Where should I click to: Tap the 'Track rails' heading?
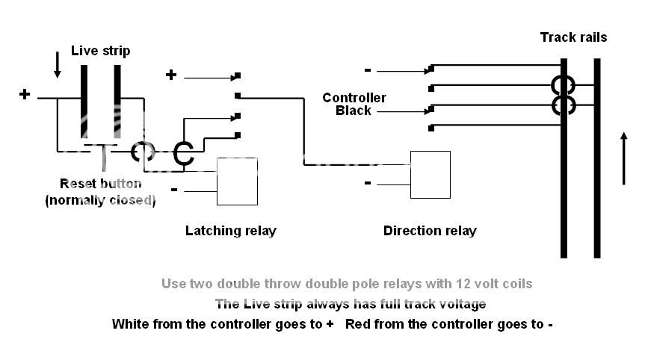click(x=573, y=37)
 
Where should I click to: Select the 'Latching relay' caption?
click(x=230, y=231)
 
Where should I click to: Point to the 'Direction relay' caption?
click(x=430, y=231)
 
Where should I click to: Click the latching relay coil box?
click(x=237, y=181)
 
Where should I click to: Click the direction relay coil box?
click(x=430, y=175)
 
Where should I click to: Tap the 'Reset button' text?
click(x=100, y=184)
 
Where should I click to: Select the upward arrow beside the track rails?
click(x=623, y=158)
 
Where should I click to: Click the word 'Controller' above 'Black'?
click(x=354, y=98)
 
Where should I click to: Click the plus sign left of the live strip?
click(x=25, y=94)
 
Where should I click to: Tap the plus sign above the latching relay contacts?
click(x=171, y=75)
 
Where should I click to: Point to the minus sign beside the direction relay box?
click(x=367, y=182)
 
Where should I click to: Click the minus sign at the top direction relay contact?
click(x=367, y=70)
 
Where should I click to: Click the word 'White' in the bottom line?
click(x=131, y=324)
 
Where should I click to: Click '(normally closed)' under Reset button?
click(x=100, y=199)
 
